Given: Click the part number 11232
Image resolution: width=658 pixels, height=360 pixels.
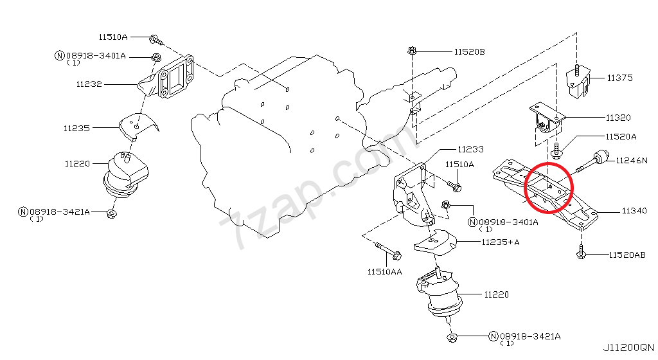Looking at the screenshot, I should pos(89,84).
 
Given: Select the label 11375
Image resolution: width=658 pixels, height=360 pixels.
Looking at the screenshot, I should pos(619,78).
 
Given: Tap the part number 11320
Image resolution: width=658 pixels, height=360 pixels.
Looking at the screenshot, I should pos(618,118).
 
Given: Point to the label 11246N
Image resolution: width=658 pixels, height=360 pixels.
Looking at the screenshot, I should pos(632,160).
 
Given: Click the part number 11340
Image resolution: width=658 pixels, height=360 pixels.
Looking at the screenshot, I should pos(634,211).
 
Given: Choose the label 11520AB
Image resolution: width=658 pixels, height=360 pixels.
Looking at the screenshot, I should pos(627,255).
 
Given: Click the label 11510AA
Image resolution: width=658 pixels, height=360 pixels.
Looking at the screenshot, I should pos(385,272).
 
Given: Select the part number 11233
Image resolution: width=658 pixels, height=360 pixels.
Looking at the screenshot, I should pos(470,149).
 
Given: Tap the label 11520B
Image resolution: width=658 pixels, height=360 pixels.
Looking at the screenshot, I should pos(469,51).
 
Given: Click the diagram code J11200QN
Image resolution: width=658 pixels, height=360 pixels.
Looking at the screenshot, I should pos(628,348).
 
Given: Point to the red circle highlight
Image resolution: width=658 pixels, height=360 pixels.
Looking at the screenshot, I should pos(548,188).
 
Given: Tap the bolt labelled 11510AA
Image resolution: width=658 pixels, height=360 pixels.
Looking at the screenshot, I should pos(386,250).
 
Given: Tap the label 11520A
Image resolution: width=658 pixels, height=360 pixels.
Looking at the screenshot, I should pos(621,137).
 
